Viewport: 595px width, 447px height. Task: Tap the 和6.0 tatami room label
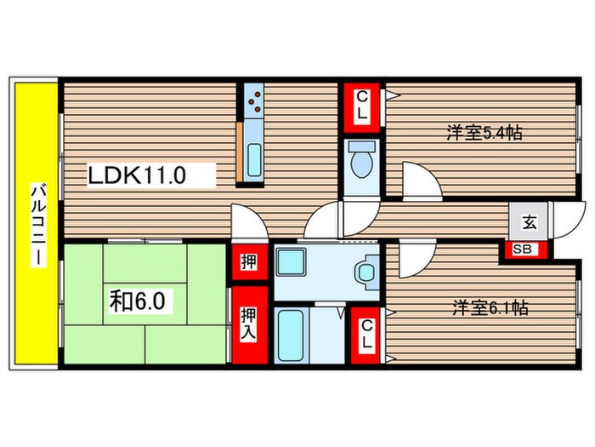[141, 301]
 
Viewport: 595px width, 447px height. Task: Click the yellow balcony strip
[35, 223]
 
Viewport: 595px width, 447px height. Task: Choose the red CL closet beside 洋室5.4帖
[362, 106]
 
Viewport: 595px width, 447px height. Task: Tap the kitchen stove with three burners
[254, 103]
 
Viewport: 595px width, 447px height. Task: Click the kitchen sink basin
[254, 161]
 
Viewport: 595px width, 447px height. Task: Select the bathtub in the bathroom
[290, 335]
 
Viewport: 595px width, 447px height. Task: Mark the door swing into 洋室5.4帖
[418, 181]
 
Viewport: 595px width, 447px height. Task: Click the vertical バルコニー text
[37, 224]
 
